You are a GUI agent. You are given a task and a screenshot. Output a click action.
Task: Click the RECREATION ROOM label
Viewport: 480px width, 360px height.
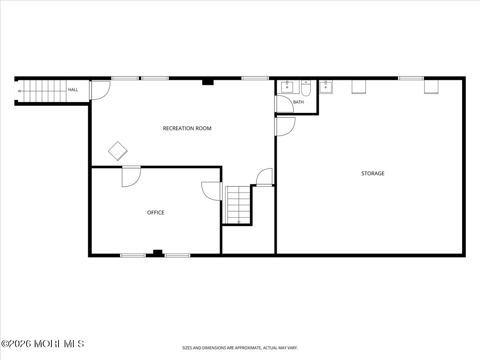(187, 128)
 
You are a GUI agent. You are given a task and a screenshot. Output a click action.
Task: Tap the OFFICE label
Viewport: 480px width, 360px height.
(156, 212)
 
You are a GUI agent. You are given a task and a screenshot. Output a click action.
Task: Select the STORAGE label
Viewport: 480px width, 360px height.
(373, 173)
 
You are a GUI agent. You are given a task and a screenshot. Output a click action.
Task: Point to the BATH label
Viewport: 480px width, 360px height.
(298, 102)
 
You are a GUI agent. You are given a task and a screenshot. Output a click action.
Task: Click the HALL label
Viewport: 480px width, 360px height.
(73, 90)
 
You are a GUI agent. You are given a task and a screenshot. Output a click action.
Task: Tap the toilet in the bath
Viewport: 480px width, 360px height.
(306, 88)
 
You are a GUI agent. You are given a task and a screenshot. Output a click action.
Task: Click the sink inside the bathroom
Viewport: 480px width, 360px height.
(287, 87)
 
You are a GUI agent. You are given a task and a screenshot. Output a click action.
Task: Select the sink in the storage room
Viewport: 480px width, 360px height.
(326, 87)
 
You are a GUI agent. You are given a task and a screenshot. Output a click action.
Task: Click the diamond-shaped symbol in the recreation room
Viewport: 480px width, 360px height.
(118, 151)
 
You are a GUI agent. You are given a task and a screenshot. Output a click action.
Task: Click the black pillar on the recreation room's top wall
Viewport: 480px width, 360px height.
(208, 82)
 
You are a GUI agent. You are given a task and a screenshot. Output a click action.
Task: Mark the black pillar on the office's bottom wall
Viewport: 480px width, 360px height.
(158, 252)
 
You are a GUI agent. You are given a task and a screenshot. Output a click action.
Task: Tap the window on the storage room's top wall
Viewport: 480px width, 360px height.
(411, 78)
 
